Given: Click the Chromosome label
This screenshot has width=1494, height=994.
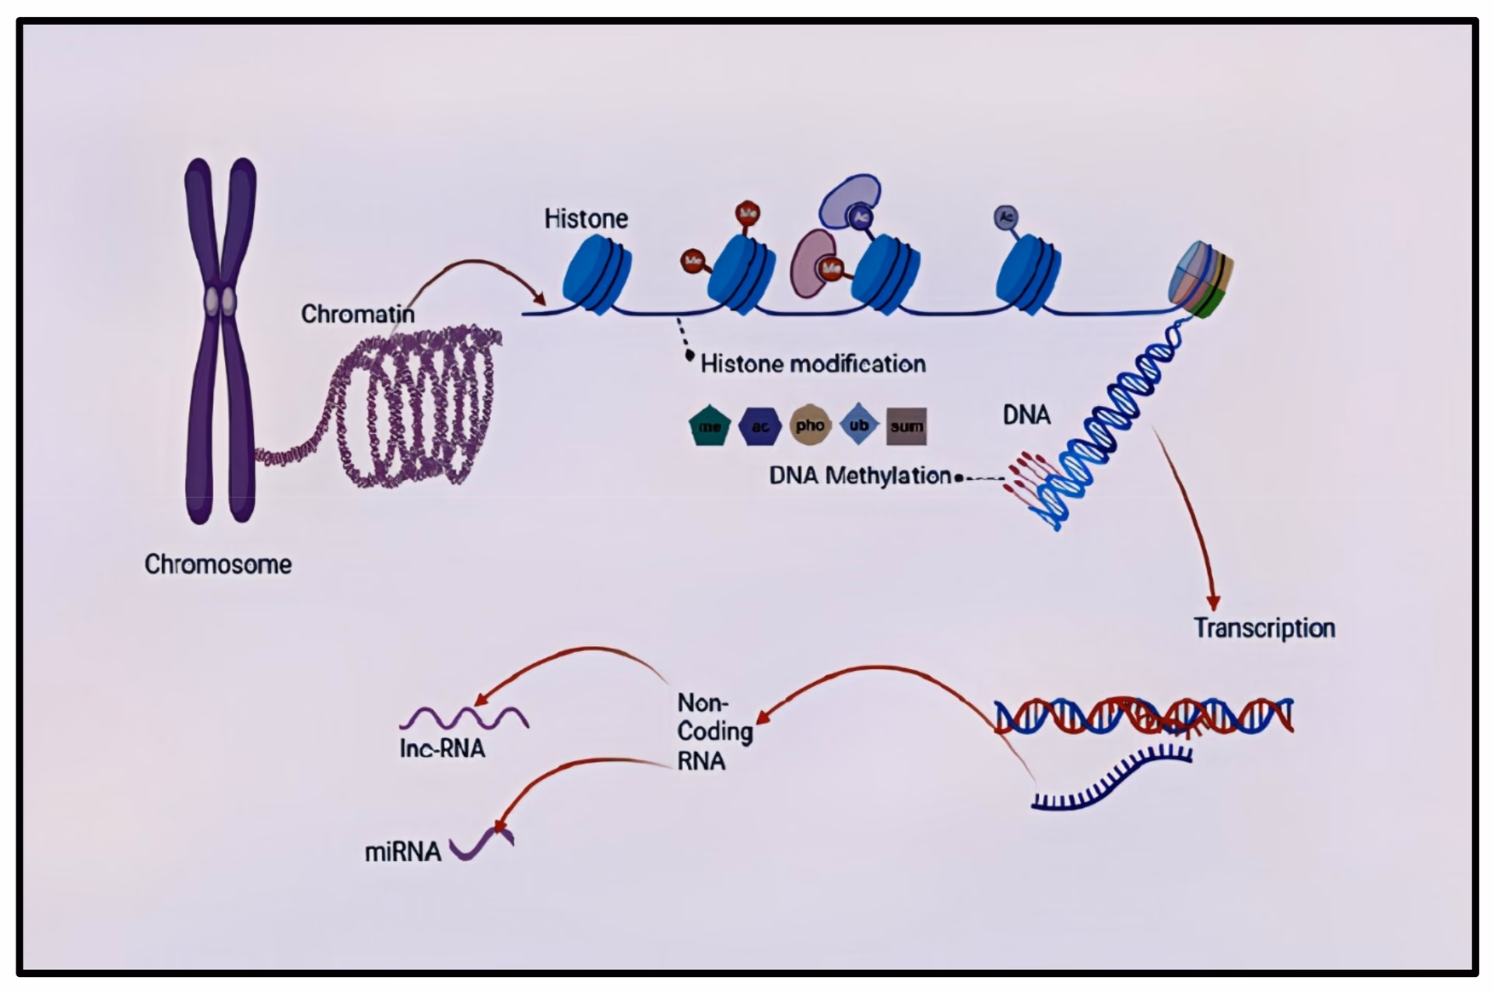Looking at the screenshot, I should [218, 564].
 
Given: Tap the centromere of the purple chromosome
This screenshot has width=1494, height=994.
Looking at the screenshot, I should [220, 302].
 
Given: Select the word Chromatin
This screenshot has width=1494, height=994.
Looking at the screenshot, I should [357, 314].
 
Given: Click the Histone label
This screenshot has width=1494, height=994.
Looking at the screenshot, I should [586, 219].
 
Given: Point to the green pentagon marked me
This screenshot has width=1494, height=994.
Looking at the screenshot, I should [710, 426].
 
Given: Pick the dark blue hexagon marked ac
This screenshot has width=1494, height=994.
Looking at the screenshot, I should [759, 426].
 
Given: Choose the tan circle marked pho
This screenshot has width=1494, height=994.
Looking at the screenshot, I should [810, 425].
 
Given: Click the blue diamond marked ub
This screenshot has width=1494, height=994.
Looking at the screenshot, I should [859, 425].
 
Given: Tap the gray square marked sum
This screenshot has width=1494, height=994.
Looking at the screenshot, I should [907, 426].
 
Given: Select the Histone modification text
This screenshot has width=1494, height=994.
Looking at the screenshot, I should [813, 364].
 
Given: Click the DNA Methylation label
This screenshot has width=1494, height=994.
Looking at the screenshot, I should [860, 475].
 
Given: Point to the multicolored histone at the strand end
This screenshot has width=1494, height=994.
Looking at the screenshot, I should [1201, 279].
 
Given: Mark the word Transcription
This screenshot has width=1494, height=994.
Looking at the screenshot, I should [1264, 628].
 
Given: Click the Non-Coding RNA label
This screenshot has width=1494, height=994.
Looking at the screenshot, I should [714, 732].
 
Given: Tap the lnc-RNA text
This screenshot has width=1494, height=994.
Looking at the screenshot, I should [442, 748].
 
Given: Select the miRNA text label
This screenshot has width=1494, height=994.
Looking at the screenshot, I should [402, 852].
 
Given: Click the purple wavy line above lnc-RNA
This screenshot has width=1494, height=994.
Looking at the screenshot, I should [465, 716].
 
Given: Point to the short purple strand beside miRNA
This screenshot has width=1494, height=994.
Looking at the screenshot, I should [482, 845].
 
